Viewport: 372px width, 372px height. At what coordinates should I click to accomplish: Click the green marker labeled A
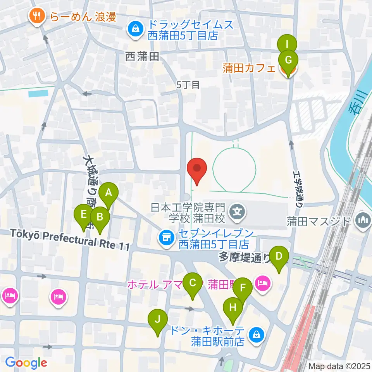[109, 193]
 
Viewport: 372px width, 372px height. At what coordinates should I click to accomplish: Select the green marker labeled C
[193, 282]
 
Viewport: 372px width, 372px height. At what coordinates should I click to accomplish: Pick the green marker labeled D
[279, 256]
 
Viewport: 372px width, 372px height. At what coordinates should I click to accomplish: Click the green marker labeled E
[83, 214]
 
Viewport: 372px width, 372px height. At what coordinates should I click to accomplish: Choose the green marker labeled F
[243, 288]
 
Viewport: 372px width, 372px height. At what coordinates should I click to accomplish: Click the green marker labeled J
[158, 319]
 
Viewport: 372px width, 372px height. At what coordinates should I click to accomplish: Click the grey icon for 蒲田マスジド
[363, 220]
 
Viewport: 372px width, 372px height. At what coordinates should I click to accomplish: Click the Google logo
[26, 362]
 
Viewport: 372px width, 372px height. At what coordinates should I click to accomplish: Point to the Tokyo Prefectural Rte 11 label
[70, 239]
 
